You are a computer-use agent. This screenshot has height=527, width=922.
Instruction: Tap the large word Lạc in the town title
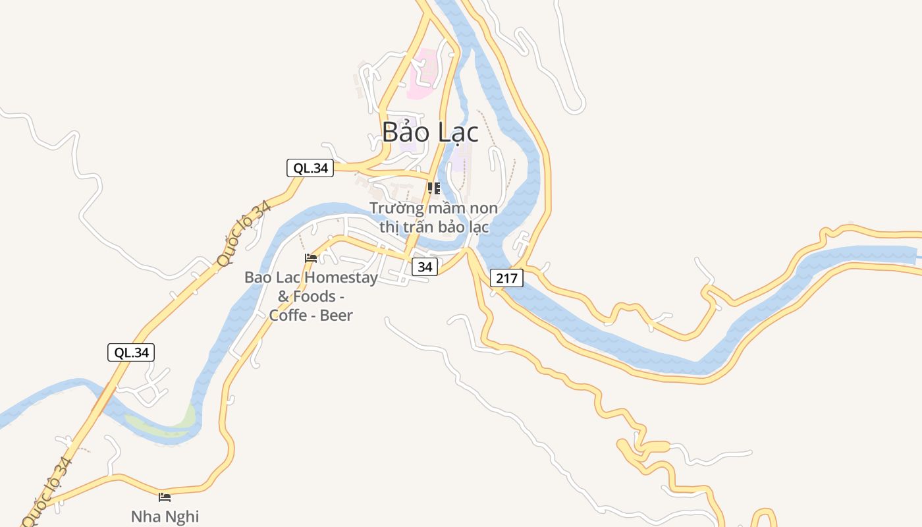coord(456,132)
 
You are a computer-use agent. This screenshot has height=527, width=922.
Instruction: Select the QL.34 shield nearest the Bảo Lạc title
coord(310,168)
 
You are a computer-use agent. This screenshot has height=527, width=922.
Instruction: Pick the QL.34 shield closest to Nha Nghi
coord(131,352)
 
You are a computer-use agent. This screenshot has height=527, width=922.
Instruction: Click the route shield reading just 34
coord(425,267)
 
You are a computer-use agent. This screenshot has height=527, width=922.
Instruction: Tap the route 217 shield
coord(506,278)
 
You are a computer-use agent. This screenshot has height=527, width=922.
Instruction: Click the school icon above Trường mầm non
coord(433,189)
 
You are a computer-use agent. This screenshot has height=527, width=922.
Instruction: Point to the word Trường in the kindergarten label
coord(396,208)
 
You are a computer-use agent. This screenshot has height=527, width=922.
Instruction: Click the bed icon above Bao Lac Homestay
coord(311,258)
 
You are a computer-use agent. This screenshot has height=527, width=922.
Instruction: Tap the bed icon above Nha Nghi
coord(165,497)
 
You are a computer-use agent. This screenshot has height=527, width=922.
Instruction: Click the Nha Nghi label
coord(165,516)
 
